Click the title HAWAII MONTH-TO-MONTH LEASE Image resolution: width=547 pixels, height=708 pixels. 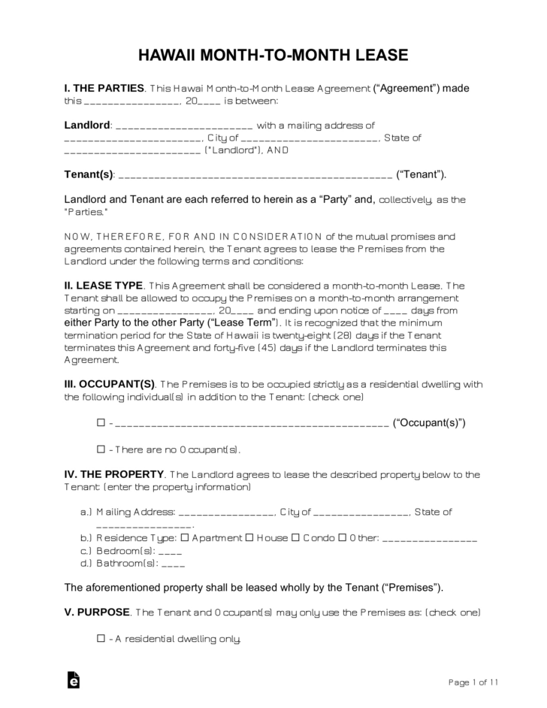tap(273, 55)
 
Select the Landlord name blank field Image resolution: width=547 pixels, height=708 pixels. tap(186, 126)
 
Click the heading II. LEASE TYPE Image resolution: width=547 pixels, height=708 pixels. tap(104, 286)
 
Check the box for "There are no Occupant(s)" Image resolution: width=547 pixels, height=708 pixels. tap(101, 449)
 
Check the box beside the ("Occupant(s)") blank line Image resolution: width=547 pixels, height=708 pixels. tap(101, 422)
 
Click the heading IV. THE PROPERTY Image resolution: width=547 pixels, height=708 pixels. tap(114, 474)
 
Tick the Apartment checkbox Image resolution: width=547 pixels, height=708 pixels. tap(186, 538)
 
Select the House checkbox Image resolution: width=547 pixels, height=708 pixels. tap(249, 538)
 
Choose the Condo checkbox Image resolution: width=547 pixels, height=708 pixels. tap(295, 538)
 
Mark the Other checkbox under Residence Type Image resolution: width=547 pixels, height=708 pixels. tap(342, 538)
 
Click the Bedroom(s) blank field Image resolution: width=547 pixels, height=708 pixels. tap(171, 552)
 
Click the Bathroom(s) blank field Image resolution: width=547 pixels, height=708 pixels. tap(174, 564)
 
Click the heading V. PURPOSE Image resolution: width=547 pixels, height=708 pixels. tap(97, 612)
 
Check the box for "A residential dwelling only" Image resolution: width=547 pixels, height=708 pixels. tap(101, 639)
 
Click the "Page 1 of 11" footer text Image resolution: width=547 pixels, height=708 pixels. tap(473, 682)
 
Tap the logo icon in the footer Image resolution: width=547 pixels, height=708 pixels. tap(74, 680)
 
